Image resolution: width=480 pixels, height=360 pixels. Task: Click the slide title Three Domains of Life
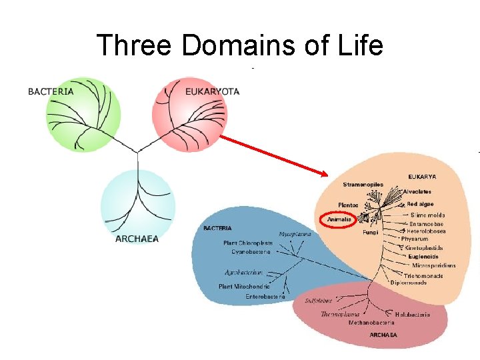[240, 45]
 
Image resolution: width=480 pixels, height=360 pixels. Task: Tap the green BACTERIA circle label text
[51, 91]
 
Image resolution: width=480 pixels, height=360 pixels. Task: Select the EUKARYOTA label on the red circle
[212, 91]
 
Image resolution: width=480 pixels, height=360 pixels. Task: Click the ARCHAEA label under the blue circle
[137, 239]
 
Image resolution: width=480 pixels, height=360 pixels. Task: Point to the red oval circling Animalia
[339, 220]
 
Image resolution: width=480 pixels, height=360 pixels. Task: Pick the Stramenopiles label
[363, 184]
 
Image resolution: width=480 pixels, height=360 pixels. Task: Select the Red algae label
[420, 204]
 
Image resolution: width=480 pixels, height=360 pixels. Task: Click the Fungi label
[371, 233]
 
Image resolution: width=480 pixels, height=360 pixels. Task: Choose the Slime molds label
[427, 215]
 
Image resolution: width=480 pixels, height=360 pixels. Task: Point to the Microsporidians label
[429, 265]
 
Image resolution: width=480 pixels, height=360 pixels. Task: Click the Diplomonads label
[409, 282]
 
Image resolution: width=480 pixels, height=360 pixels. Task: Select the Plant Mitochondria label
[244, 287]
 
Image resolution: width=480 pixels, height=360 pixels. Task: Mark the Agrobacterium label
[244, 272]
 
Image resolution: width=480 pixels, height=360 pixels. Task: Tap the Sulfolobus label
[318, 301]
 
